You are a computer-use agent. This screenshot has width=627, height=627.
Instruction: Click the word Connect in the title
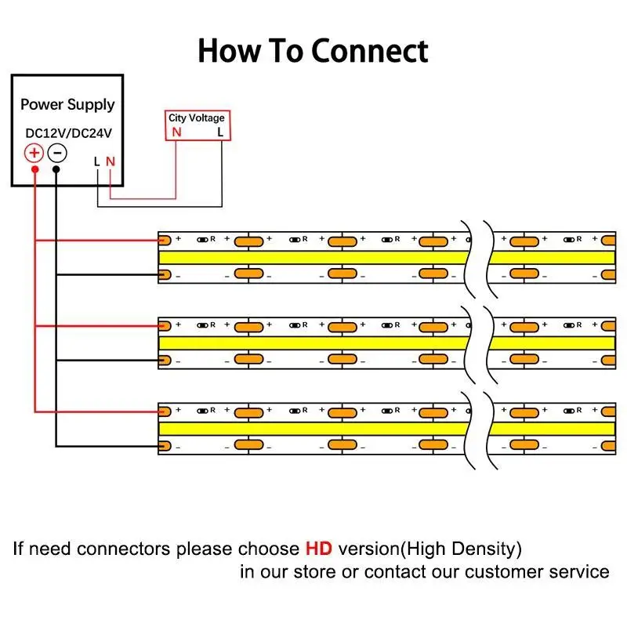[x=370, y=51]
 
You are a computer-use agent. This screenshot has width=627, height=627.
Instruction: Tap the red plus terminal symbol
[x=34, y=152]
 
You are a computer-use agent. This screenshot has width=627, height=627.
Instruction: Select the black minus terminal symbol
[x=56, y=152]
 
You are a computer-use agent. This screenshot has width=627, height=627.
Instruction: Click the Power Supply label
[x=67, y=104]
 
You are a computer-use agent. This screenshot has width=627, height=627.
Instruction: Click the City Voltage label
[x=196, y=118]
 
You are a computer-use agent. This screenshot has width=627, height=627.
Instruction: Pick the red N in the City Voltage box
[x=176, y=132]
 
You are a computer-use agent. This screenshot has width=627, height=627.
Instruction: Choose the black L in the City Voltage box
[x=220, y=132]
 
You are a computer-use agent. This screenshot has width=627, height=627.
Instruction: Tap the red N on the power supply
[x=111, y=161]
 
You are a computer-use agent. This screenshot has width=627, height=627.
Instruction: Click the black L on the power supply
[x=96, y=161]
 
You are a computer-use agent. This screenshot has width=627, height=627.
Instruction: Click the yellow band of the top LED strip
[x=313, y=258]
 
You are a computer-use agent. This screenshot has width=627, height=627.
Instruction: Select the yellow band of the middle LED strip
[x=313, y=343]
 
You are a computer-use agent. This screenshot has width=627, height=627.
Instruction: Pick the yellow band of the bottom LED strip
[x=313, y=429]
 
